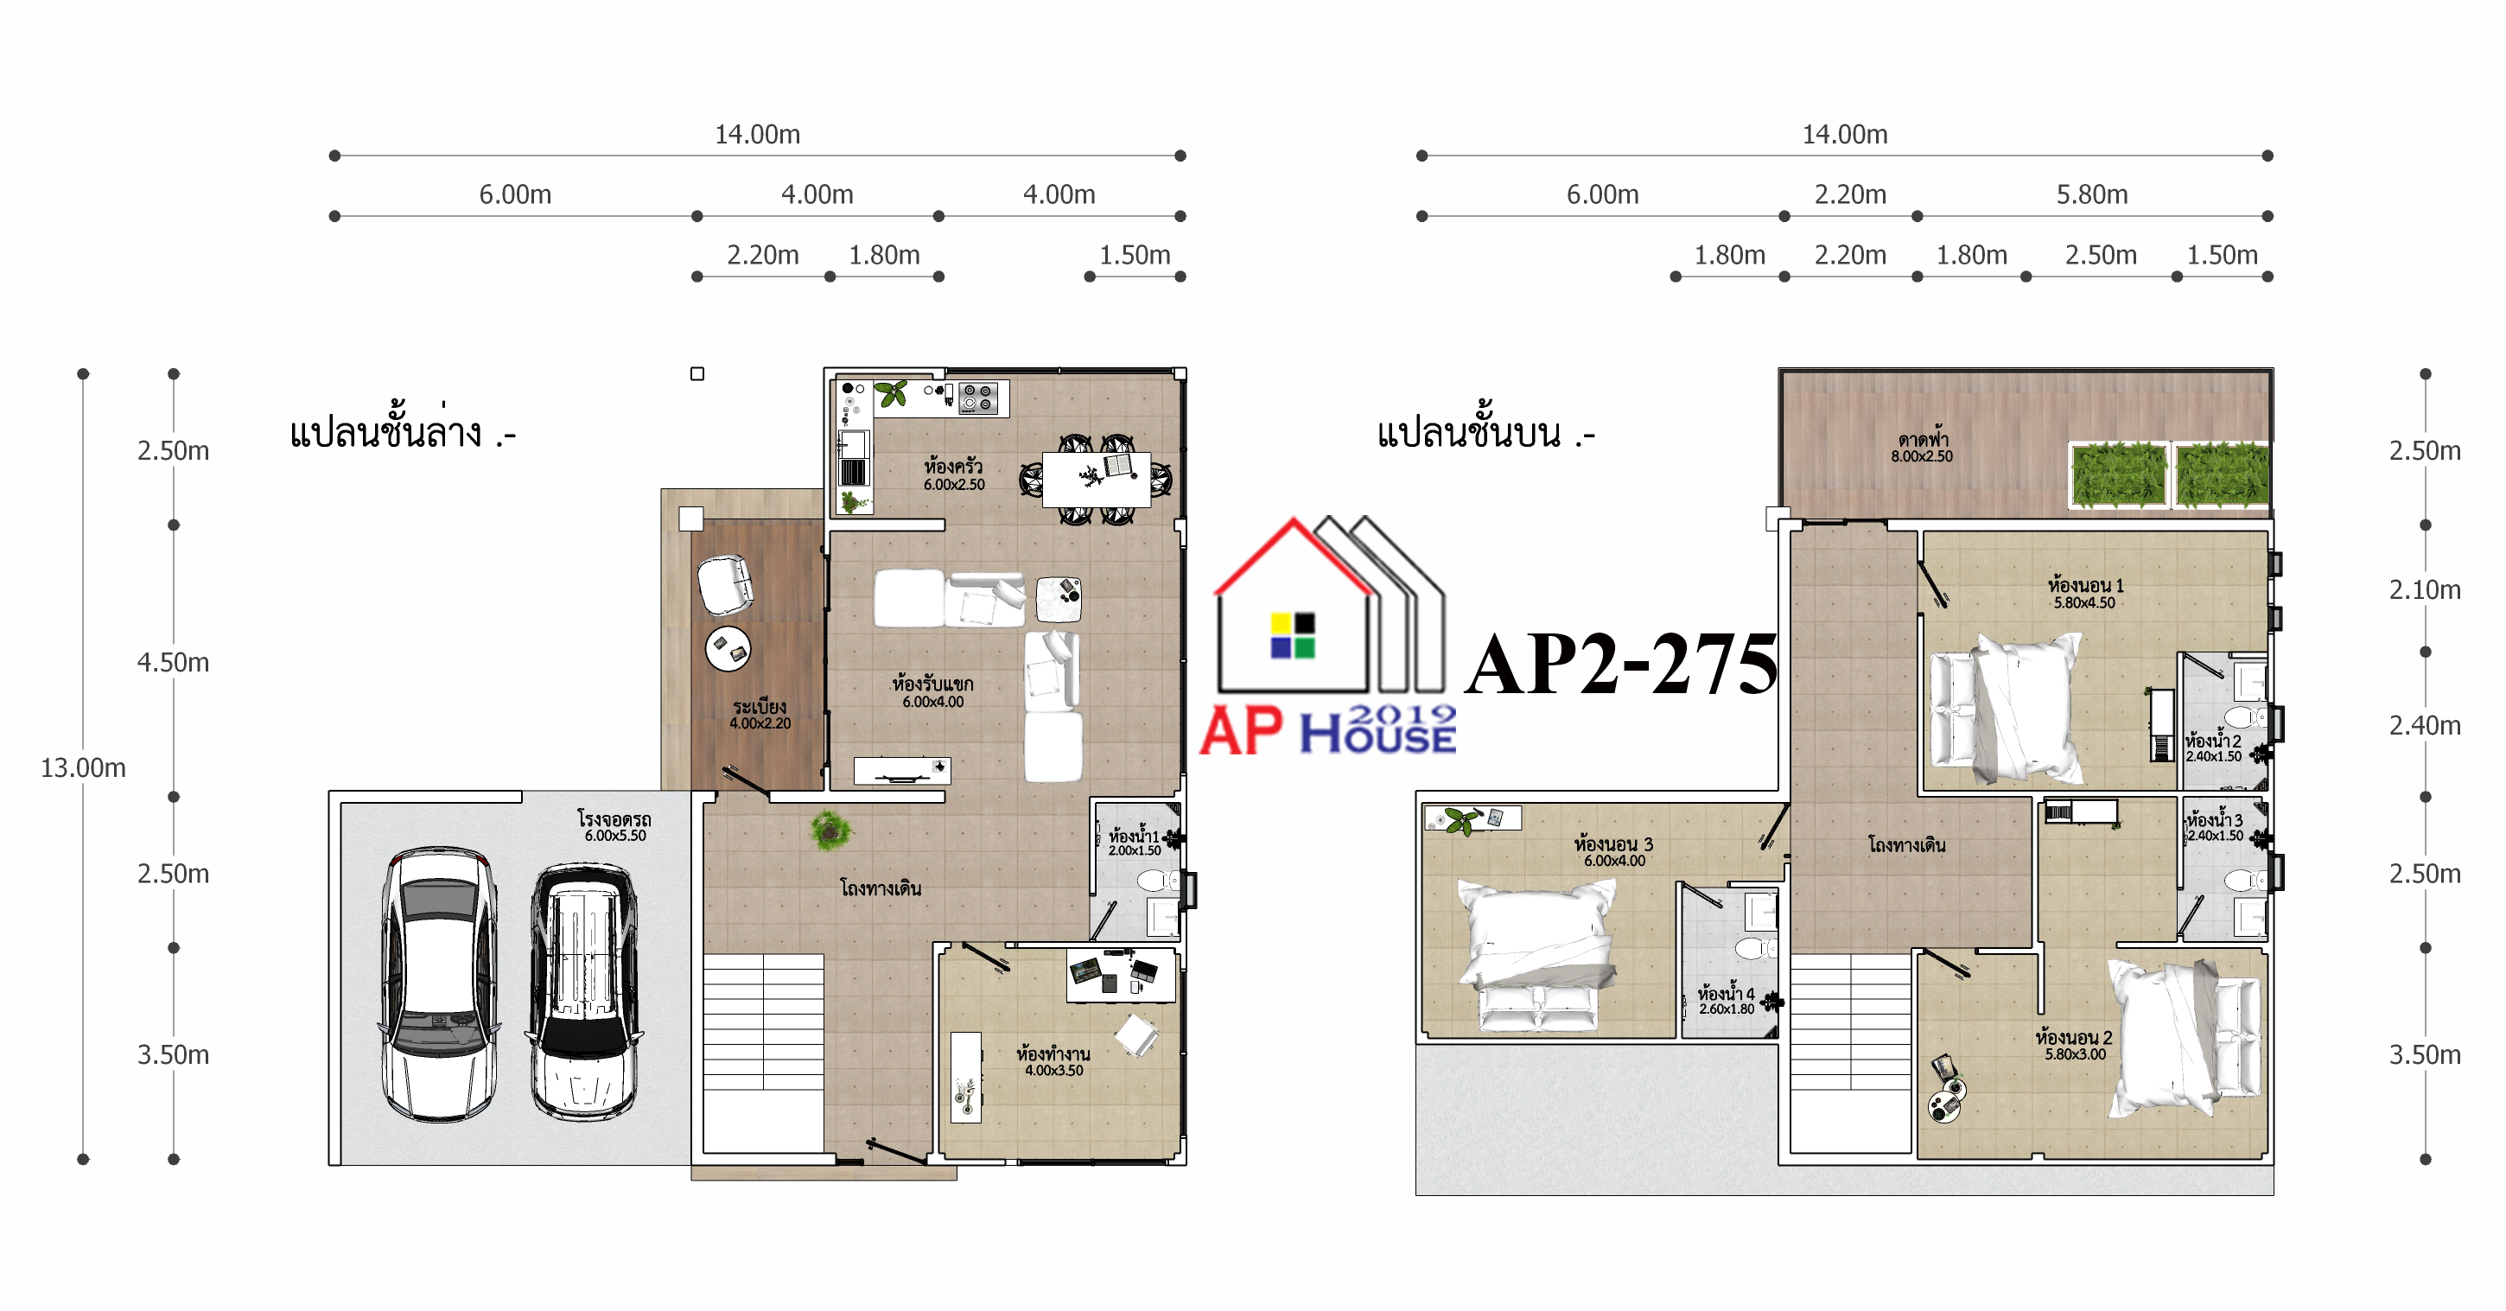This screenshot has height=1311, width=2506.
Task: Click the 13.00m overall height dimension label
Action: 83,767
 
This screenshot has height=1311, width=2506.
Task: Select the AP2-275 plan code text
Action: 1622,665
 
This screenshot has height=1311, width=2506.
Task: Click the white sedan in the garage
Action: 439,983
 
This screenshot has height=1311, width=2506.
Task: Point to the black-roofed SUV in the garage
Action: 583,991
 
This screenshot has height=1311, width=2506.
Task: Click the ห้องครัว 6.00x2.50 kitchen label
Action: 953,474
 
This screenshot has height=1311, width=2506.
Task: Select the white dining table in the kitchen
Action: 1096,480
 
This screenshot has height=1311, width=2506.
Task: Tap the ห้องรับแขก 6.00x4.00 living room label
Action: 932,691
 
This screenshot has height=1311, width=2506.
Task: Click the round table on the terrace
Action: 728,650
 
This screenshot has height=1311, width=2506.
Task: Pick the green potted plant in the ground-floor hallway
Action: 830,831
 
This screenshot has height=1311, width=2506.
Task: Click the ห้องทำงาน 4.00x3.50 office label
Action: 1053,1061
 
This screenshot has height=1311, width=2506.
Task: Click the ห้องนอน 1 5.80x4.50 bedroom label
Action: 2085,593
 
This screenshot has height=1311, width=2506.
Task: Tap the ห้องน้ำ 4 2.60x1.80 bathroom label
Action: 1726,1001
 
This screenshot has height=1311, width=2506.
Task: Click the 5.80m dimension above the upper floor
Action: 2091,194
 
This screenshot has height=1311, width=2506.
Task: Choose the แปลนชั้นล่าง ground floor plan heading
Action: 402,431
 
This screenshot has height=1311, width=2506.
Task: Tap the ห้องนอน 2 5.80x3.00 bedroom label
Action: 2074,1046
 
